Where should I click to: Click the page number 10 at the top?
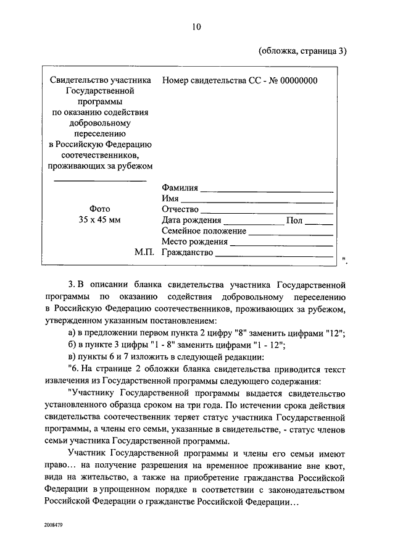(196, 27)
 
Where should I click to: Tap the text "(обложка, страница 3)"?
(302, 51)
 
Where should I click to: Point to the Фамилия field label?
(180, 188)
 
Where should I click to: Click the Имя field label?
(170, 199)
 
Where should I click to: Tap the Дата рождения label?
(191, 220)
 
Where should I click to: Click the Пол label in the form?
(294, 220)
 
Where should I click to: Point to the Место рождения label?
(192, 242)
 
